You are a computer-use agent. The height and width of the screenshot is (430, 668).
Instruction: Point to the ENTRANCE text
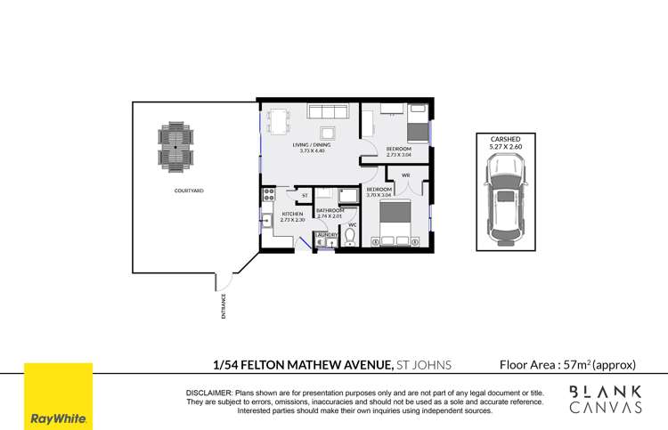tap(224, 305)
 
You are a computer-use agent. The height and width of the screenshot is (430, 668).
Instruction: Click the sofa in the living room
tap(328, 113)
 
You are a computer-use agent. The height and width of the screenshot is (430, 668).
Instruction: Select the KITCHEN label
tap(293, 214)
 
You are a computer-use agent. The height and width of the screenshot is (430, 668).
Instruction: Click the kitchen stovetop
tap(266, 193)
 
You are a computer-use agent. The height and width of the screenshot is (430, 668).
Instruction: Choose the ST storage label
tap(304, 194)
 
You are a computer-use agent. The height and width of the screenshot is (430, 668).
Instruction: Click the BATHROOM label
tap(330, 210)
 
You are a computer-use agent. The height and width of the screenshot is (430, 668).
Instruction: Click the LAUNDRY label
tap(326, 234)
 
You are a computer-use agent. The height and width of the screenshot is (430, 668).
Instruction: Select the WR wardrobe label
tap(405, 175)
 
